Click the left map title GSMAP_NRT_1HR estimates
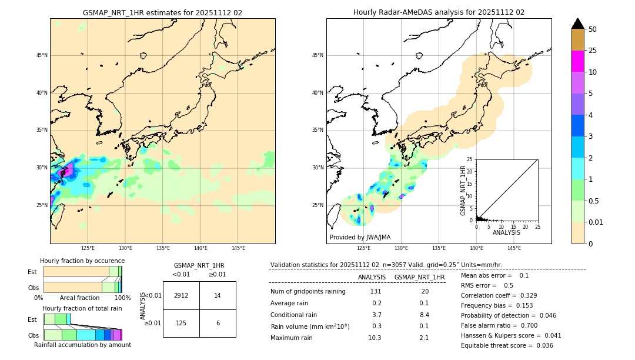162,12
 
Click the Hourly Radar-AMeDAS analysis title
439,12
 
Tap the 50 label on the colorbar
593,29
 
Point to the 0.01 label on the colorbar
596,222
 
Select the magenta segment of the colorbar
577,61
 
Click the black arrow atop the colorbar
577,24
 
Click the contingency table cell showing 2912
181,295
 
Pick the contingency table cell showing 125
181,323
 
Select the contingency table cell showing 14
218,295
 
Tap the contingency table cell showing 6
218,323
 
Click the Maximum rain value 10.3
375,338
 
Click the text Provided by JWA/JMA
360,237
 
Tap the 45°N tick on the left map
42,55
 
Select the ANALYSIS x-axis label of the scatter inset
506,232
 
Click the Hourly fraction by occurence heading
82,261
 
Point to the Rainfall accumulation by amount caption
82,345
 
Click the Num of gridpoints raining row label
308,292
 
